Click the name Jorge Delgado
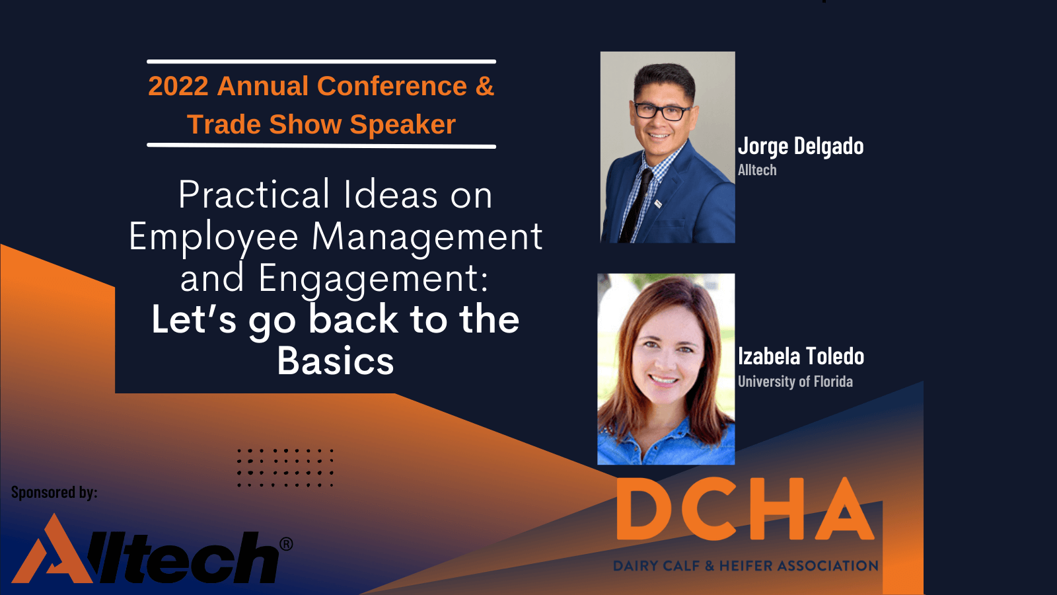pyautogui.click(x=801, y=146)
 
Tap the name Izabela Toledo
pyautogui.click(x=801, y=356)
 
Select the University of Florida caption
pyautogui.click(x=795, y=381)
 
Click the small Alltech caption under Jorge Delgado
pyautogui.click(x=757, y=170)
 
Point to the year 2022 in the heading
pyautogui.click(x=178, y=86)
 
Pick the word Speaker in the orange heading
pyautogui.click(x=402, y=125)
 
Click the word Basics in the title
pyautogui.click(x=335, y=361)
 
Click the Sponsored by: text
pyautogui.click(x=54, y=493)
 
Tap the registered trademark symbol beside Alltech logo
pyautogui.click(x=286, y=544)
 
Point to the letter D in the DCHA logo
pyautogui.click(x=644, y=508)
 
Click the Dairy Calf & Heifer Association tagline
pyautogui.click(x=746, y=565)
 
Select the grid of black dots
pyautogui.click(x=285, y=468)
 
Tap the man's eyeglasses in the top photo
pyautogui.click(x=661, y=112)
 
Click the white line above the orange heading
pyautogui.click(x=321, y=61)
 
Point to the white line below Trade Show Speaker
pyautogui.click(x=321, y=146)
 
